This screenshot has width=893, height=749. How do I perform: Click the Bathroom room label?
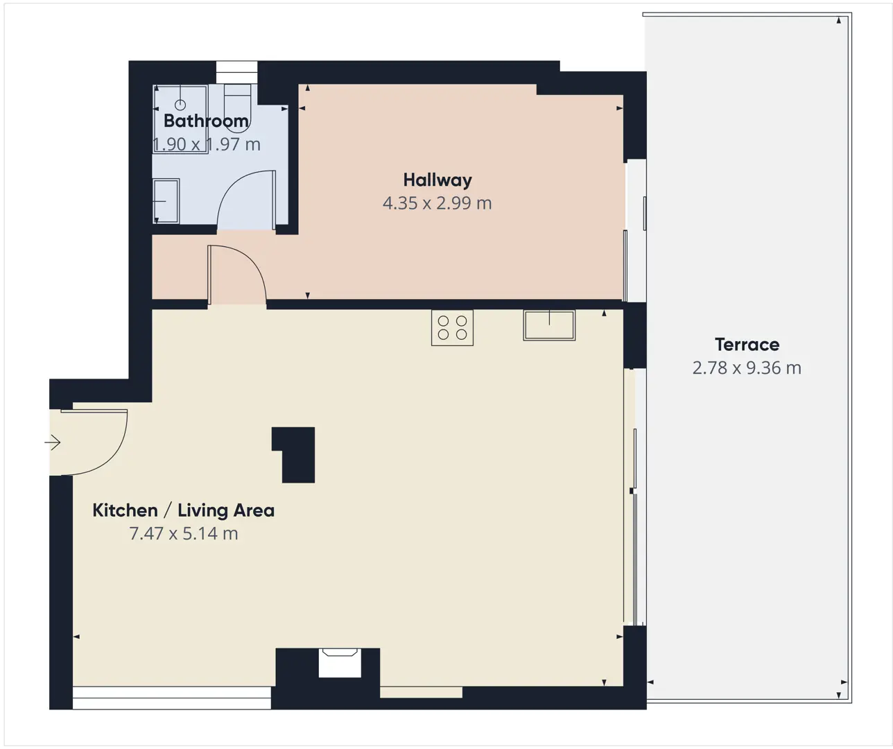206,121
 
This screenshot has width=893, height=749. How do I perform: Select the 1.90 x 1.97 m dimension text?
207,144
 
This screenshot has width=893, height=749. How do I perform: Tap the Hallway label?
437,180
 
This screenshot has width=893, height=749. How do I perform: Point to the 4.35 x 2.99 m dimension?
437,203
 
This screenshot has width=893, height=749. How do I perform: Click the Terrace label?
747,345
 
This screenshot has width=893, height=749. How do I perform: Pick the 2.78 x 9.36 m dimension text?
747,368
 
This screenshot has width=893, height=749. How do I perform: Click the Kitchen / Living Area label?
184,510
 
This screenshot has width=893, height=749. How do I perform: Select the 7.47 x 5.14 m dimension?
184,533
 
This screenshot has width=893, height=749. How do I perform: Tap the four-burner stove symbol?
452,327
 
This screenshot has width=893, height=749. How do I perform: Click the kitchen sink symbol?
549,325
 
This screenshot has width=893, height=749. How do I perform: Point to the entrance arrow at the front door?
53,442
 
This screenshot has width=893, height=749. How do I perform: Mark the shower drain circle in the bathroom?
180,105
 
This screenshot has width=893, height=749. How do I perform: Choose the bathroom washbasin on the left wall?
166,201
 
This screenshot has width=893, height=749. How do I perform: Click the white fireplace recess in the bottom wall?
340,662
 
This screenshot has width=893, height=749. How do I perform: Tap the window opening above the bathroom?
236,72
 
